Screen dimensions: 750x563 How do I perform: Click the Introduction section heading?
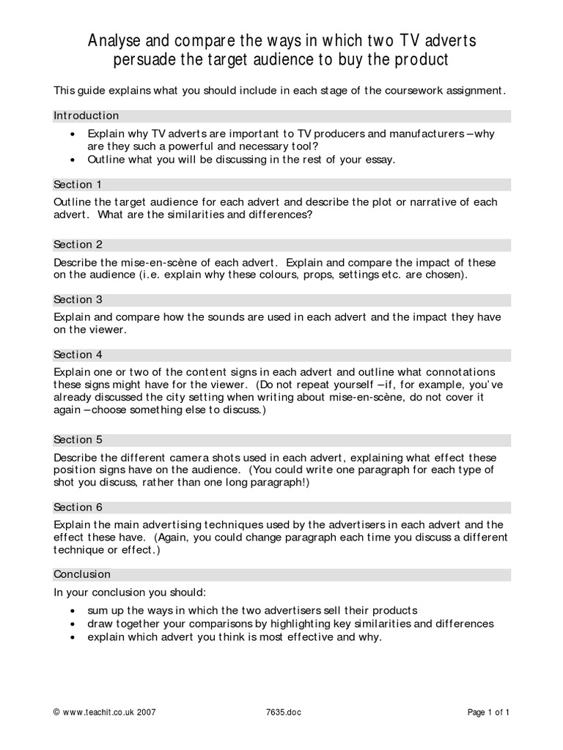[x=86, y=116]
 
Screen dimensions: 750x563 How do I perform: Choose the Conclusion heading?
[x=82, y=574]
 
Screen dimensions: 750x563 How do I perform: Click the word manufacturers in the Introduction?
[x=420, y=134]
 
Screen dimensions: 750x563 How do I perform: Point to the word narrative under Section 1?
[x=434, y=201]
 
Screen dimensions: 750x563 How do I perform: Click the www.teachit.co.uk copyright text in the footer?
[x=105, y=711]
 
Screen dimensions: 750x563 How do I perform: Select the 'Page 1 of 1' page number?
[x=488, y=711]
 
